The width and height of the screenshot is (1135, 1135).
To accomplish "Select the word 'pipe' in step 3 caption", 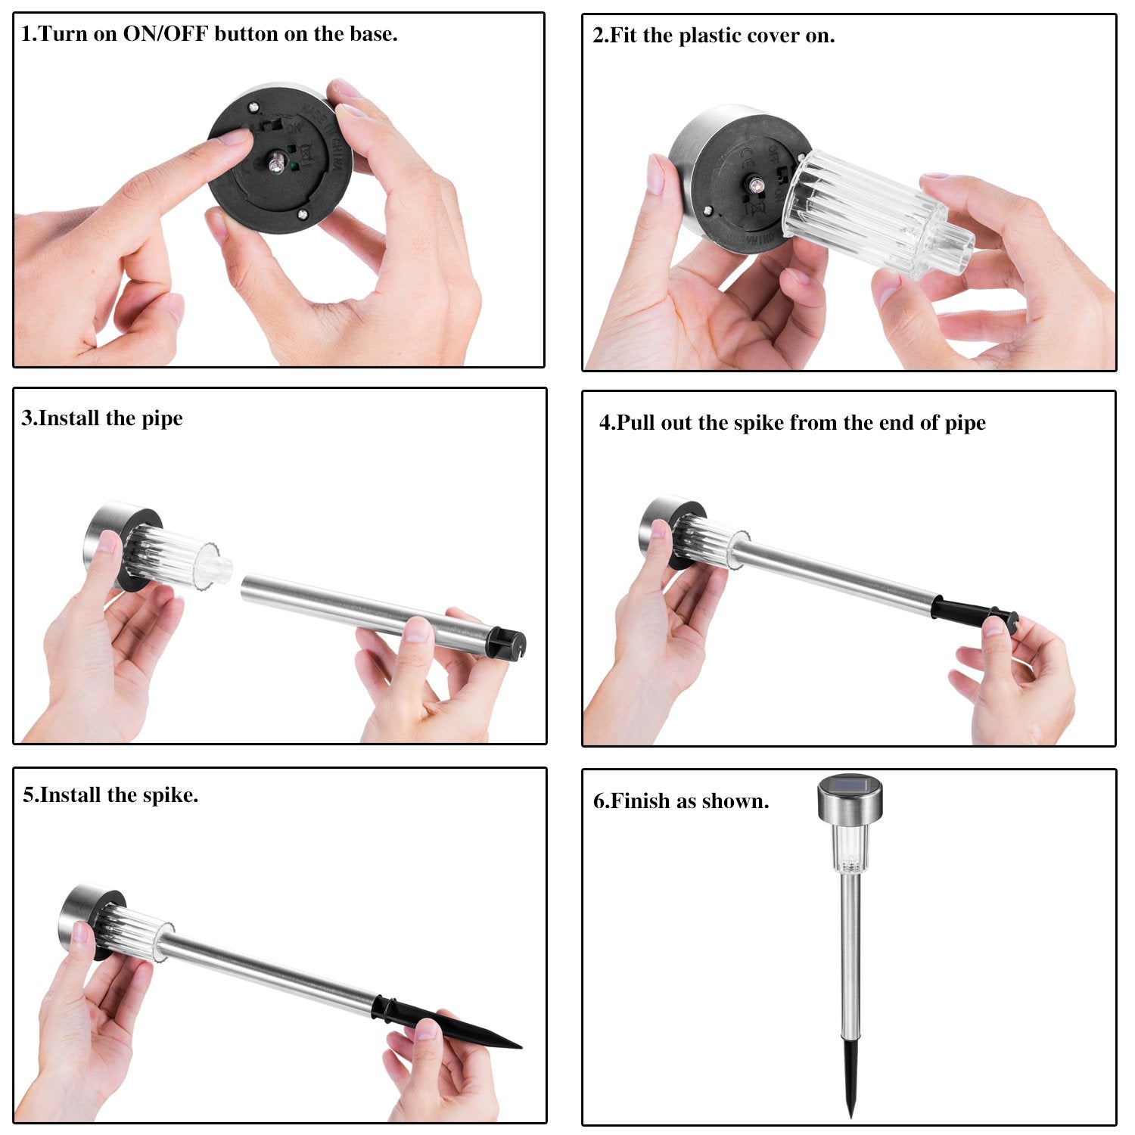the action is [x=163, y=419].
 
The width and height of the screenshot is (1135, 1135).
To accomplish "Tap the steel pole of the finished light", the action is [x=850, y=954].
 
